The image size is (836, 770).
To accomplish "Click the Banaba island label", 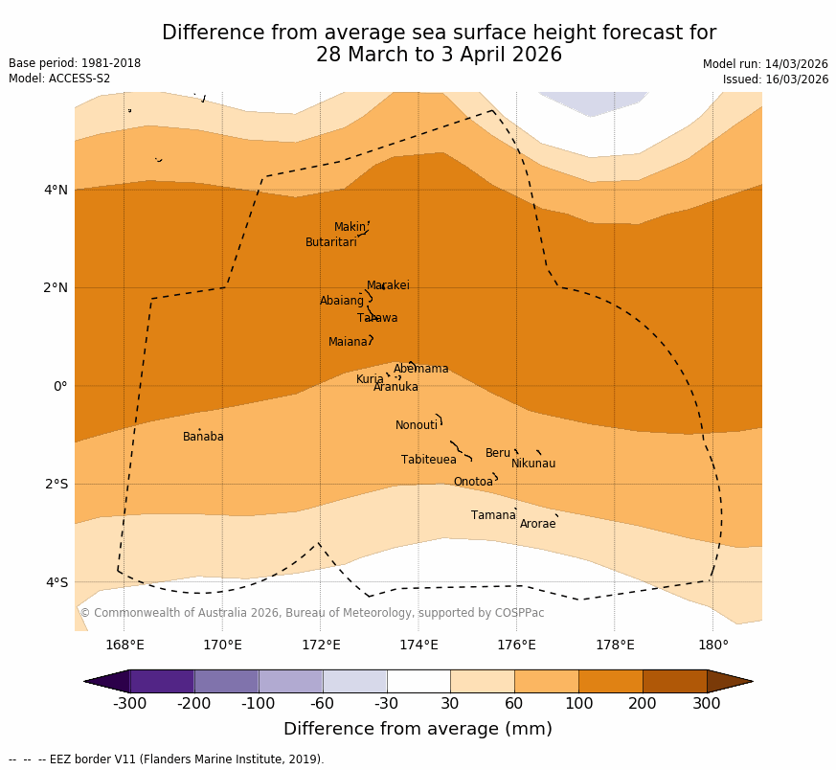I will pyautogui.click(x=203, y=437).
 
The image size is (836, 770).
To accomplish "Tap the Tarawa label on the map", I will pyautogui.click(x=377, y=318).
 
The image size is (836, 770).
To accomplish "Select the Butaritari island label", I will pyautogui.click(x=330, y=242).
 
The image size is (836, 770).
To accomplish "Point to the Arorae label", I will pyautogui.click(x=537, y=524).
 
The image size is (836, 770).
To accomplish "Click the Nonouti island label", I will pyautogui.click(x=416, y=425).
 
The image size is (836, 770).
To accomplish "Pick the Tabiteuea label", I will pyautogui.click(x=428, y=460).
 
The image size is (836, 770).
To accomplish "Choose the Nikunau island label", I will pyautogui.click(x=532, y=464).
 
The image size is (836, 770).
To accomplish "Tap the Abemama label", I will pyautogui.click(x=420, y=369).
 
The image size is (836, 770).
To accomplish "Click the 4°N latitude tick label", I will pyautogui.click(x=56, y=190).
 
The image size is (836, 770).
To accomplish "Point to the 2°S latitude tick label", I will pyautogui.click(x=56, y=484).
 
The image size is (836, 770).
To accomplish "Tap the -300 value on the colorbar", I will pyautogui.click(x=129, y=704).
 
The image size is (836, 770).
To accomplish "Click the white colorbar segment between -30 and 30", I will pyautogui.click(x=418, y=681).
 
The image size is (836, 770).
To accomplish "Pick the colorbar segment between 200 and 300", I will pyautogui.click(x=674, y=681).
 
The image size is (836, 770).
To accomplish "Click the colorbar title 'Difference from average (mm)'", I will pyautogui.click(x=418, y=729).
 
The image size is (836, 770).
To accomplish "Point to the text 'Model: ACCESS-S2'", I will pyautogui.click(x=59, y=79).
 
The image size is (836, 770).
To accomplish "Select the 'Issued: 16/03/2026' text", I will pyautogui.click(x=775, y=79).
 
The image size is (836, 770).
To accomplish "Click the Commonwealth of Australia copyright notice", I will pyautogui.click(x=311, y=613).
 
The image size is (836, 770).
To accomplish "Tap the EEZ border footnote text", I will pyautogui.click(x=167, y=759).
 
